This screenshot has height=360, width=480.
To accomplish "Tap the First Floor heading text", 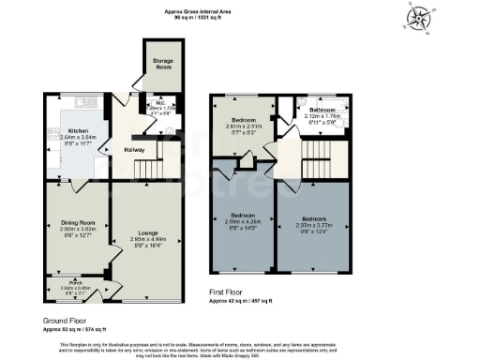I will pyautogui.click(x=232, y=292).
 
